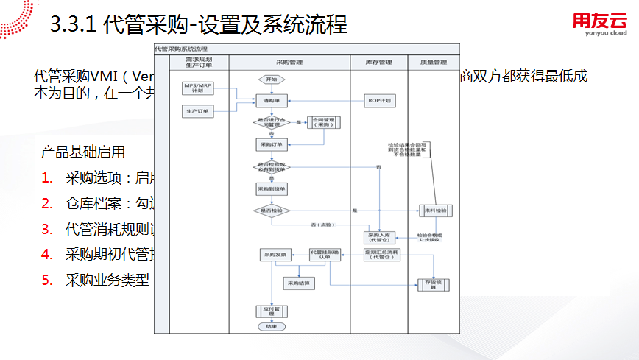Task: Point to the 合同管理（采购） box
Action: [323, 123]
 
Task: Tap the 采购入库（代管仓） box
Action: [379, 238]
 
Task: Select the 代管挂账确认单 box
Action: [324, 255]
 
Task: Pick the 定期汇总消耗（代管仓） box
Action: [379, 255]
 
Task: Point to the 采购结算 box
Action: [298, 283]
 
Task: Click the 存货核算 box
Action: [433, 283]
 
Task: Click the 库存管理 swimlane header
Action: [379, 63]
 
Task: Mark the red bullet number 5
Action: [46, 280]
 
